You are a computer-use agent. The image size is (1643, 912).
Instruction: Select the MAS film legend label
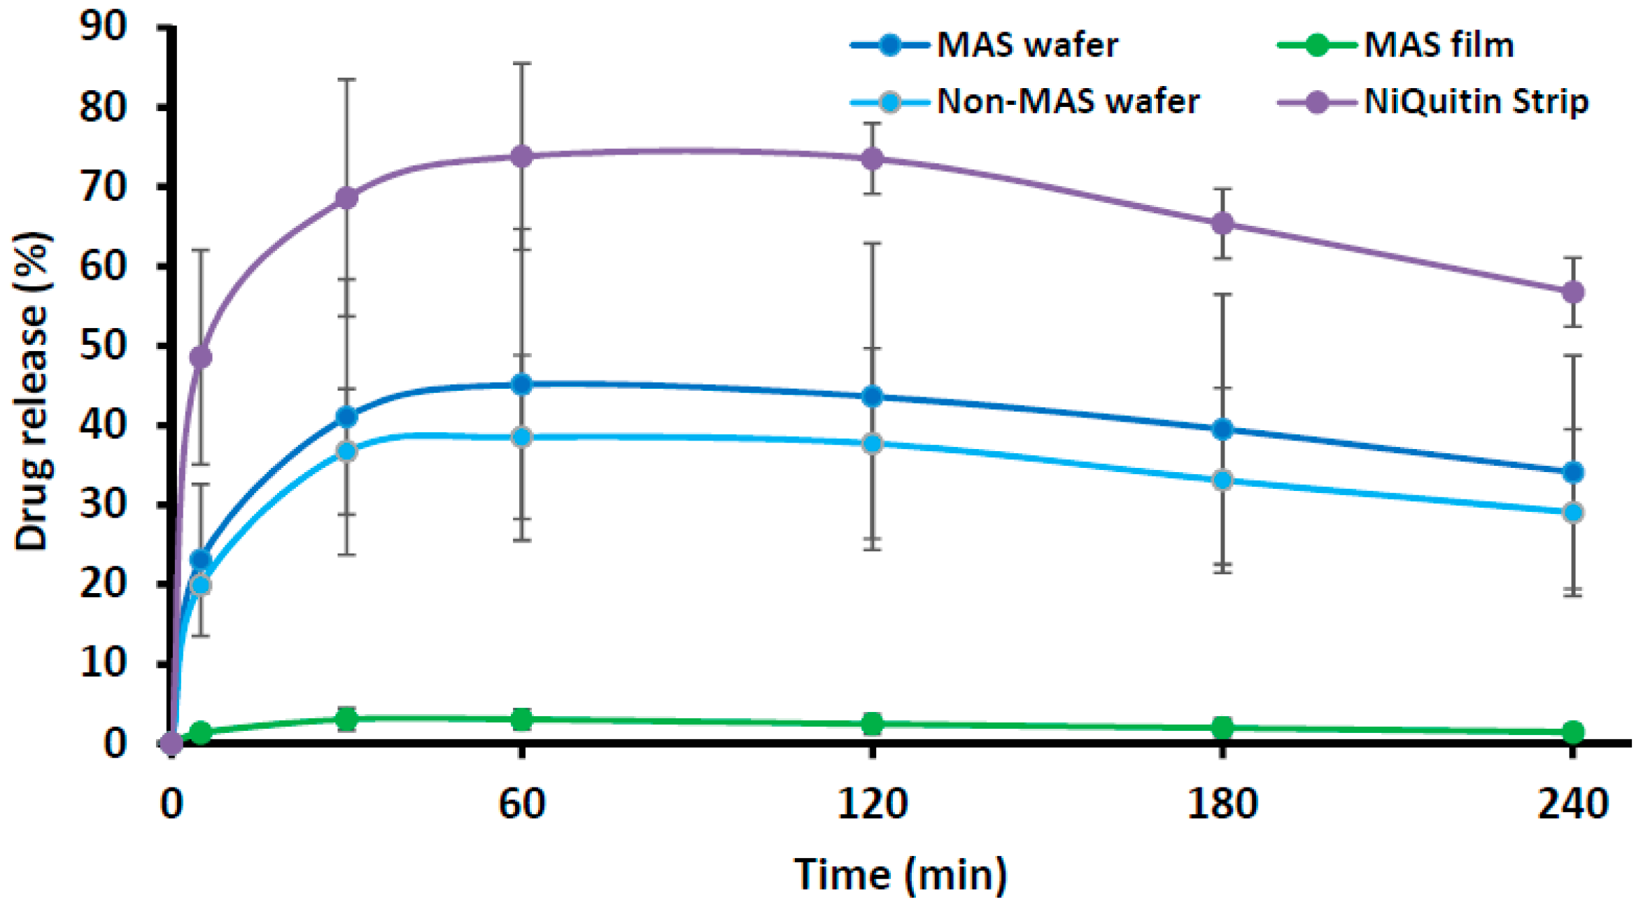[1439, 45]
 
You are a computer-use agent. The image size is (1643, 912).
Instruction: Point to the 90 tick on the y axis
[103, 27]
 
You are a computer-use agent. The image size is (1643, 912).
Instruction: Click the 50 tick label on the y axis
[103, 345]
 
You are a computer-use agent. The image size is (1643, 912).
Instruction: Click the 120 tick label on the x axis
[872, 804]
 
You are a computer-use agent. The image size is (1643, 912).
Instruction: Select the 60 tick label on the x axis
[521, 804]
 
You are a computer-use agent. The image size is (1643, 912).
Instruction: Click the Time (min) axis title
[901, 874]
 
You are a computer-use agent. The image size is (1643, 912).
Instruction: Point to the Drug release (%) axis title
[32, 392]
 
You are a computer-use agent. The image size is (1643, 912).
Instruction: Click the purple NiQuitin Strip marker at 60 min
[521, 156]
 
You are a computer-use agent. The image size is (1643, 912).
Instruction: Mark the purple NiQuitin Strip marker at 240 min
[1573, 292]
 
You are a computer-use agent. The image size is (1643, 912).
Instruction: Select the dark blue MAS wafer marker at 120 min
[872, 397]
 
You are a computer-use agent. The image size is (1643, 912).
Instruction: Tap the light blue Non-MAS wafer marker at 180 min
[1222, 480]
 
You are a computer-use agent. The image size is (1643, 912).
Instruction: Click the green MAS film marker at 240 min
[1573, 732]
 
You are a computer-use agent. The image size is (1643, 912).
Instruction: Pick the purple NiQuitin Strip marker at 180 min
[1222, 224]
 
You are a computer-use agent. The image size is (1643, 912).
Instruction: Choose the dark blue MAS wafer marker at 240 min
[1573, 472]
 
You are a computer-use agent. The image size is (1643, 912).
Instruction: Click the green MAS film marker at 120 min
[872, 724]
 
